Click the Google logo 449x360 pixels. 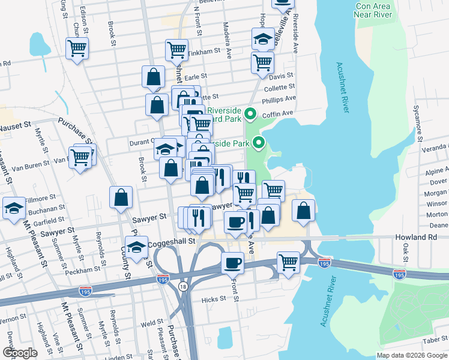pyautogui.click(x=20, y=353)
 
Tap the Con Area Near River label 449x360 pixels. pyautogui.click(x=373, y=10)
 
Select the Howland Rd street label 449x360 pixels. pyautogui.click(x=416, y=238)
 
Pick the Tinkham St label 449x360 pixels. pyautogui.click(x=204, y=52)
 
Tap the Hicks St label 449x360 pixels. pyautogui.click(x=213, y=299)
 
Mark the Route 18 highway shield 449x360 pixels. pyautogui.click(x=182, y=287)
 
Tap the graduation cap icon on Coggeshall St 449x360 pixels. pyautogui.click(x=137, y=247)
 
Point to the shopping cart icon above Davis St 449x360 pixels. pyautogui.click(x=262, y=62)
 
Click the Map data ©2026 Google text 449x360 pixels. pyautogui.click(x=411, y=355)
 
